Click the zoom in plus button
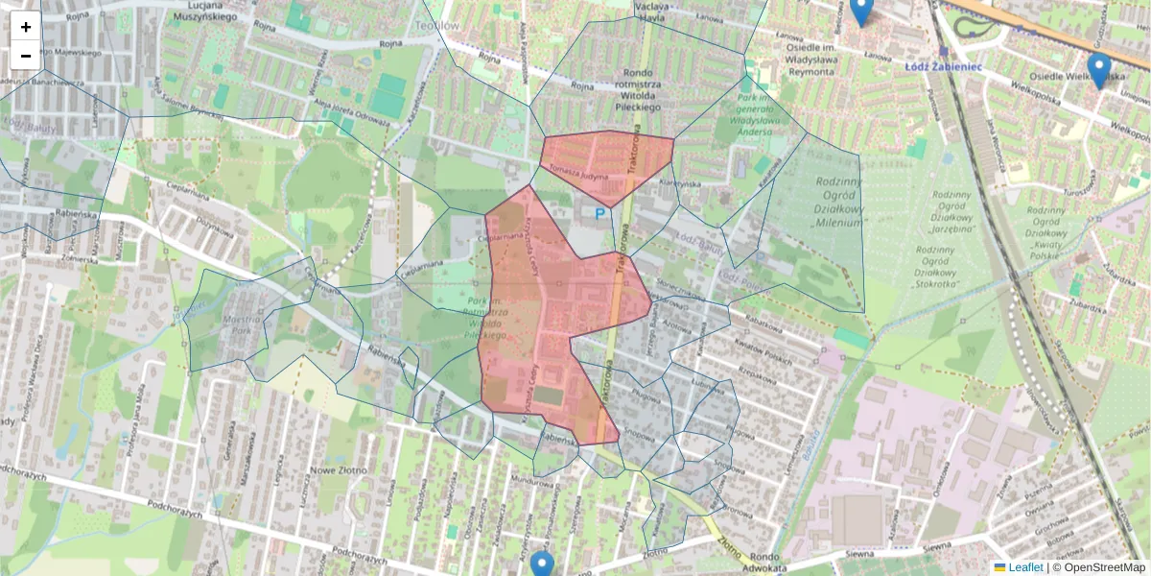pyautogui.click(x=26, y=27)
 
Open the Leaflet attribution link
pyautogui.click(x=1025, y=567)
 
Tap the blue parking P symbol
pyautogui.click(x=600, y=214)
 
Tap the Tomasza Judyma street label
pyautogui.click(x=579, y=171)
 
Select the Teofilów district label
pyautogui.click(x=440, y=27)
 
